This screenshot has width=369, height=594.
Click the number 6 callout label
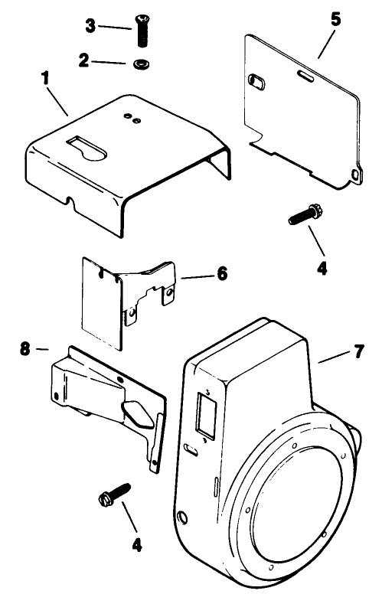tap(221, 273)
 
